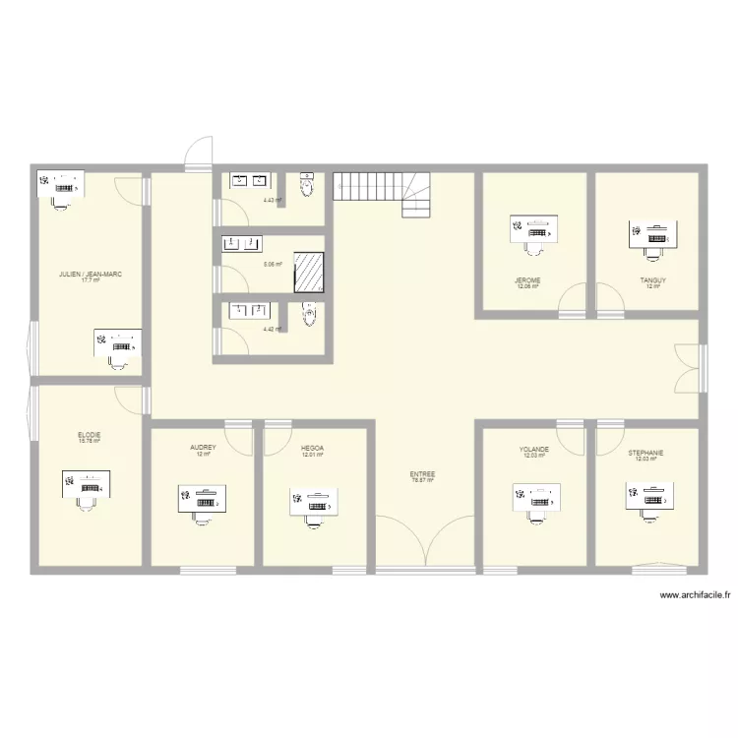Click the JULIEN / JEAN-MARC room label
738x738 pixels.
coord(91,275)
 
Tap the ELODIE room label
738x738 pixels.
coord(90,434)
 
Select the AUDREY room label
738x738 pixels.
coord(203,447)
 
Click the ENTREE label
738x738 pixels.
coord(423,473)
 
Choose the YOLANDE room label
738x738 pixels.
coord(534,449)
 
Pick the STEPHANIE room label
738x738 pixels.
coord(646,453)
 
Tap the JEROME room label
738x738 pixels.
coord(528,280)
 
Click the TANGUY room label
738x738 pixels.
coord(652,280)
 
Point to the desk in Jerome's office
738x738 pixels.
coord(534,229)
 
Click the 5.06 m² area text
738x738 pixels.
coord(273,264)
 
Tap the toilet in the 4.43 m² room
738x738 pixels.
coord(307,184)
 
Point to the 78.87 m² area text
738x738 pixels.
coord(423,480)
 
